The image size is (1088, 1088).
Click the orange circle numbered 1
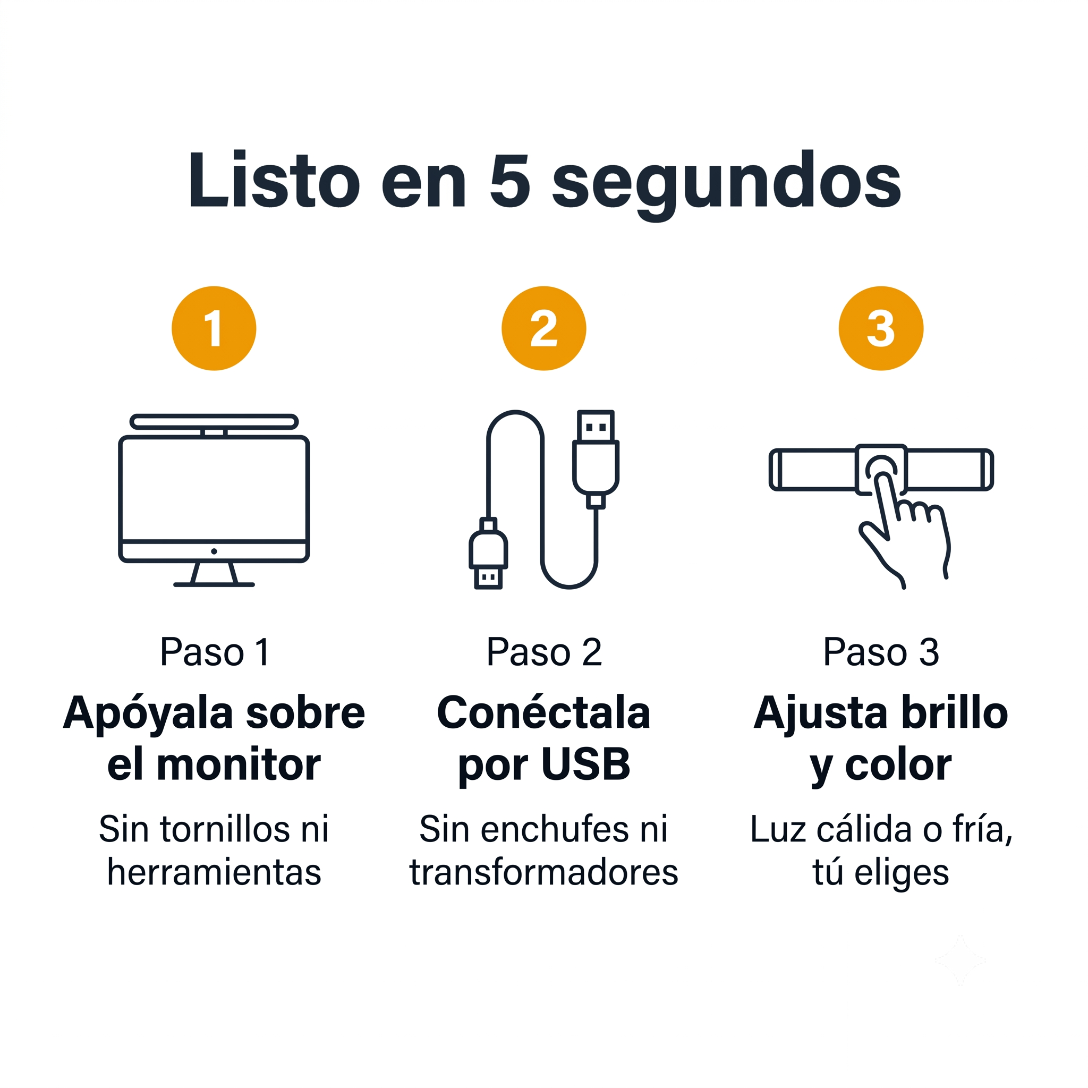click(x=214, y=328)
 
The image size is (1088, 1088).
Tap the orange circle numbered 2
click(x=544, y=328)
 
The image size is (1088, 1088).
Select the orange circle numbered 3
click(x=881, y=328)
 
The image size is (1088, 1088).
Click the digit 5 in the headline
click(x=509, y=180)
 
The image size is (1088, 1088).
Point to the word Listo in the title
click(x=274, y=180)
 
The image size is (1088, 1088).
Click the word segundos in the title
click(x=726, y=186)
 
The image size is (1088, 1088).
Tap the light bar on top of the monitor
click(x=214, y=422)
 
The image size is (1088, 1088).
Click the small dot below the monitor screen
click(x=214, y=551)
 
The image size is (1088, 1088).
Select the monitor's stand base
click(x=214, y=584)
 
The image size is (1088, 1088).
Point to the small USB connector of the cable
click(x=488, y=554)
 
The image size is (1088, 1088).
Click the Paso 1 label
click(x=215, y=653)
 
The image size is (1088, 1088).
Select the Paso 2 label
click(x=544, y=653)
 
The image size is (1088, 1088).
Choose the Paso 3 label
click(x=881, y=653)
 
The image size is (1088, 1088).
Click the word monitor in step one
click(x=239, y=765)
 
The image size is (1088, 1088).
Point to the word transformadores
click(x=544, y=872)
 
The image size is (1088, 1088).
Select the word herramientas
click(x=214, y=872)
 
